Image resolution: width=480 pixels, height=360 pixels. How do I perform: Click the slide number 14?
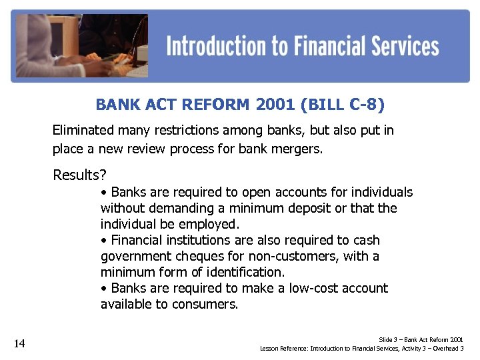click(x=19, y=344)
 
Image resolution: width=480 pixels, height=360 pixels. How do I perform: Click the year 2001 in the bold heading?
click(x=279, y=105)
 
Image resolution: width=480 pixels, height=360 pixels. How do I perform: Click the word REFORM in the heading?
click(x=217, y=105)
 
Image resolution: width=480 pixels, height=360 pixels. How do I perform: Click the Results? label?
click(x=79, y=175)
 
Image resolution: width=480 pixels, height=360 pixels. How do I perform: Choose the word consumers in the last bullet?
click(x=206, y=305)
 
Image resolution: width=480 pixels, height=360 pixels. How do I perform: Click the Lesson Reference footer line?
click(x=362, y=349)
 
